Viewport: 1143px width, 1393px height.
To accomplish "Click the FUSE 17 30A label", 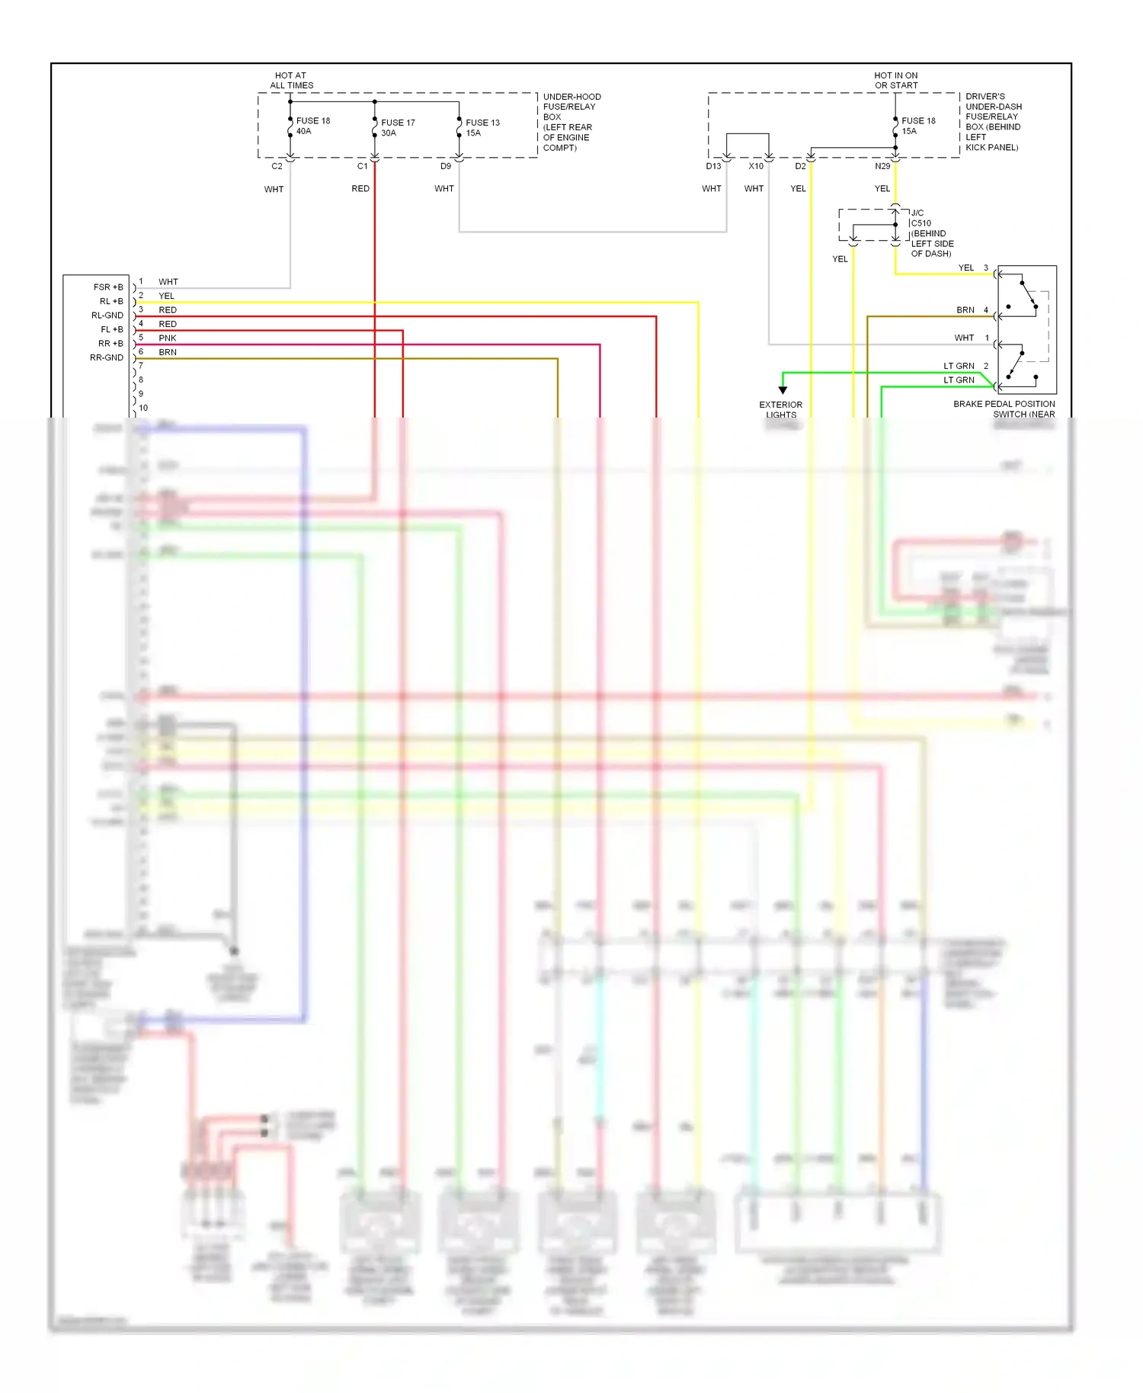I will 398,127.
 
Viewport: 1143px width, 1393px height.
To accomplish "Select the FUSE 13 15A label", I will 482,127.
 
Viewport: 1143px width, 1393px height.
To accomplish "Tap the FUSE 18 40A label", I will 312,126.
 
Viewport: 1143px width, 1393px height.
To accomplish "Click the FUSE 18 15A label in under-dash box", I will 917,126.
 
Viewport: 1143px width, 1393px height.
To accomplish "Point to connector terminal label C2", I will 277,166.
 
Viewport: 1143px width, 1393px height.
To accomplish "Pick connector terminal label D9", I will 446,166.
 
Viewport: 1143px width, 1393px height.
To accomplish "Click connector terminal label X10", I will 755,166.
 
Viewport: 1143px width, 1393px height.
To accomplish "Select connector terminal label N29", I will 882,166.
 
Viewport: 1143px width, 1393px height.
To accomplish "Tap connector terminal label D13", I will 713,166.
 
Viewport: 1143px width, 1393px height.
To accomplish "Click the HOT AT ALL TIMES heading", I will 291,81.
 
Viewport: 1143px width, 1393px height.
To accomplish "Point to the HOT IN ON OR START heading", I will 895,81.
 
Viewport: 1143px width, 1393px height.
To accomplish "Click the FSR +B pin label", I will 108,287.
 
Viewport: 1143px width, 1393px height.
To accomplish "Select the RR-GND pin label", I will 107,357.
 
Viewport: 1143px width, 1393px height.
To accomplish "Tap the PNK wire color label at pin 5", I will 167,338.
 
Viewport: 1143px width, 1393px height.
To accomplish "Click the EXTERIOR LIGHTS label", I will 780,410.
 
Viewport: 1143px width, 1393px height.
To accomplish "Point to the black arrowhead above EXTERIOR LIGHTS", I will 783,390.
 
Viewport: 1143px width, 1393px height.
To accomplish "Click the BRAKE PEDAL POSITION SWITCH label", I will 1004,409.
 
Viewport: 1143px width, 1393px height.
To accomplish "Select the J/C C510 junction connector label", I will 930,233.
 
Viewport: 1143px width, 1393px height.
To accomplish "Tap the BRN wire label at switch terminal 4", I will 965,310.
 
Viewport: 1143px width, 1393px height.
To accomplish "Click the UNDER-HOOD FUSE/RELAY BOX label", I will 571,122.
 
